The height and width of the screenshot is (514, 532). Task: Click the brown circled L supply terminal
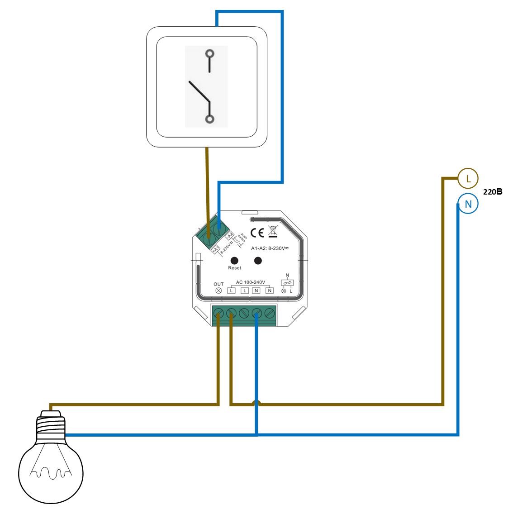(468, 178)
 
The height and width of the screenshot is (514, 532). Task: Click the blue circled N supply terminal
(468, 204)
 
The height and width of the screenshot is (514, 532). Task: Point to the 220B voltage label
(493, 191)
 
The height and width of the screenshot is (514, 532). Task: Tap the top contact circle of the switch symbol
(209, 54)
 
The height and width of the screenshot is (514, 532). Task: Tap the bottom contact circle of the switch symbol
(209, 119)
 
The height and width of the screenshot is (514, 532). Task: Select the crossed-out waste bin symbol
(272, 232)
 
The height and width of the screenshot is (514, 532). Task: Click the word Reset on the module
(234, 268)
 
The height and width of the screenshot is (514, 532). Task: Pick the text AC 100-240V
(250, 282)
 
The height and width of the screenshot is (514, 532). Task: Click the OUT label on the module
(218, 284)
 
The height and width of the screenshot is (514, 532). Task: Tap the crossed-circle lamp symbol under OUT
(218, 290)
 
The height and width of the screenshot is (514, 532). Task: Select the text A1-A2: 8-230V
(270, 248)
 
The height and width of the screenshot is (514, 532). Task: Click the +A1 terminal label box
(216, 249)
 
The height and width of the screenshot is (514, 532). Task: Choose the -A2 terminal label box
(229, 236)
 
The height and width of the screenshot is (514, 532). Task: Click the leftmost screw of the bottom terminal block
(218, 313)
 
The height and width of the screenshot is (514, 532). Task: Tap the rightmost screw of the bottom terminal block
(270, 313)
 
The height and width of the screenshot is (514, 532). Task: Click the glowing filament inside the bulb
(51, 473)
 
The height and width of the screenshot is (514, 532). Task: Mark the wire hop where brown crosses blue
(256, 402)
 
